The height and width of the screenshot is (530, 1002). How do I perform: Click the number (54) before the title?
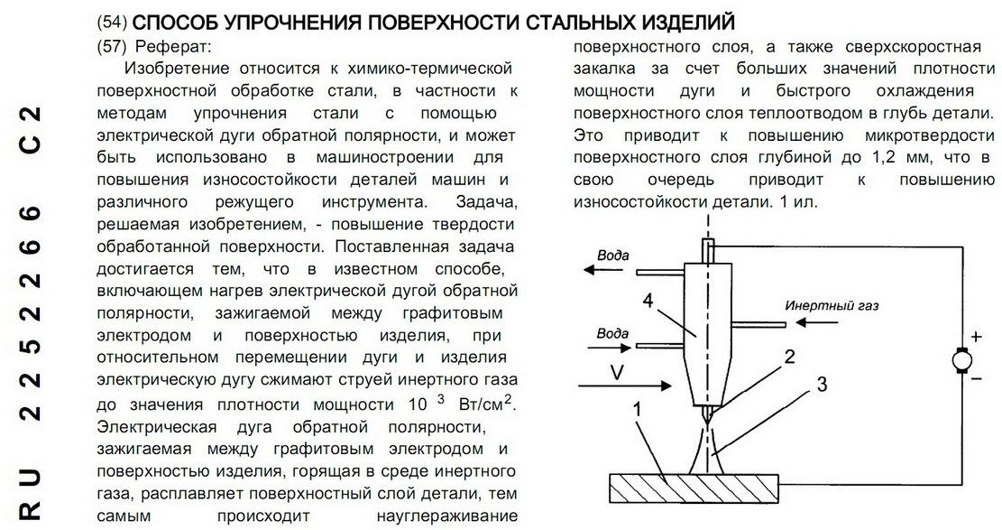click(x=112, y=23)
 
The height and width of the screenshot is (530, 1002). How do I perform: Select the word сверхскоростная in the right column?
click(x=914, y=47)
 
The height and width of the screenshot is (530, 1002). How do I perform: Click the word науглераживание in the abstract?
click(x=447, y=516)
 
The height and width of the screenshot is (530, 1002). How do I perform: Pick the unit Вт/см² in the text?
click(x=485, y=404)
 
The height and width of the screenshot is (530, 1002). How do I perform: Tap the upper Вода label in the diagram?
click(x=612, y=255)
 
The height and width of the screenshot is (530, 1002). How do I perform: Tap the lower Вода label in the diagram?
click(x=612, y=333)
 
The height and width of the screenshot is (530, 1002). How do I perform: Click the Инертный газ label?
click(x=832, y=305)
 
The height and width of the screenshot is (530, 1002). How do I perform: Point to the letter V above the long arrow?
click(x=617, y=372)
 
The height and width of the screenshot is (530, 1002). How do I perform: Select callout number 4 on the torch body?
click(x=648, y=300)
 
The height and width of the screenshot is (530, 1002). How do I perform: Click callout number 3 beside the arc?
click(x=822, y=384)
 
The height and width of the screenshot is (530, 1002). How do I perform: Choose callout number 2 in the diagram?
click(x=790, y=356)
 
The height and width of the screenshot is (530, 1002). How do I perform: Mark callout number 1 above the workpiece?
click(x=637, y=409)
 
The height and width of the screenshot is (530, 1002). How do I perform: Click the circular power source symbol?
click(x=961, y=359)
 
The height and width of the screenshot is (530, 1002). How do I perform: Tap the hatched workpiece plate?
click(x=694, y=489)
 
